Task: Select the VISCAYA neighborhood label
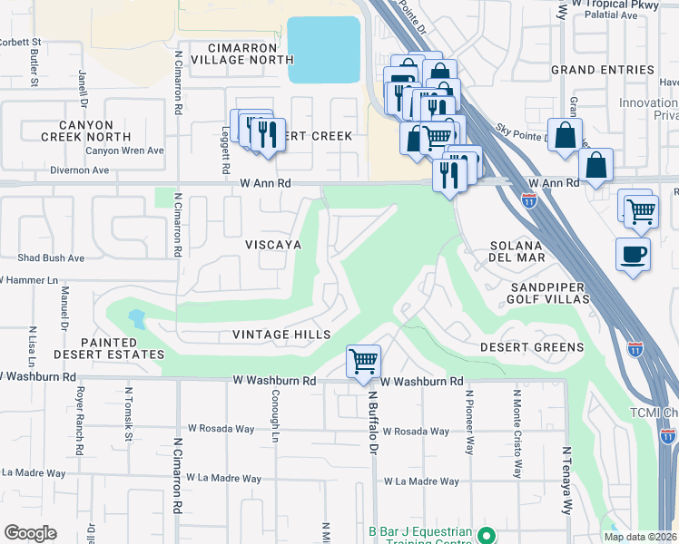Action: tap(273, 245)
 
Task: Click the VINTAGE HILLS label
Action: tap(281, 335)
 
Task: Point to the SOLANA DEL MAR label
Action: tap(517, 251)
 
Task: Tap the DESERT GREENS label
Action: tap(532, 347)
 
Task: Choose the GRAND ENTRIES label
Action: tap(603, 70)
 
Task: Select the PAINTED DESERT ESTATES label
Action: tap(122, 348)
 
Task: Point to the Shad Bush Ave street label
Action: tap(51, 257)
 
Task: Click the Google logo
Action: tap(30, 533)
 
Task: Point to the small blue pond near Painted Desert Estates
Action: tap(136, 318)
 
